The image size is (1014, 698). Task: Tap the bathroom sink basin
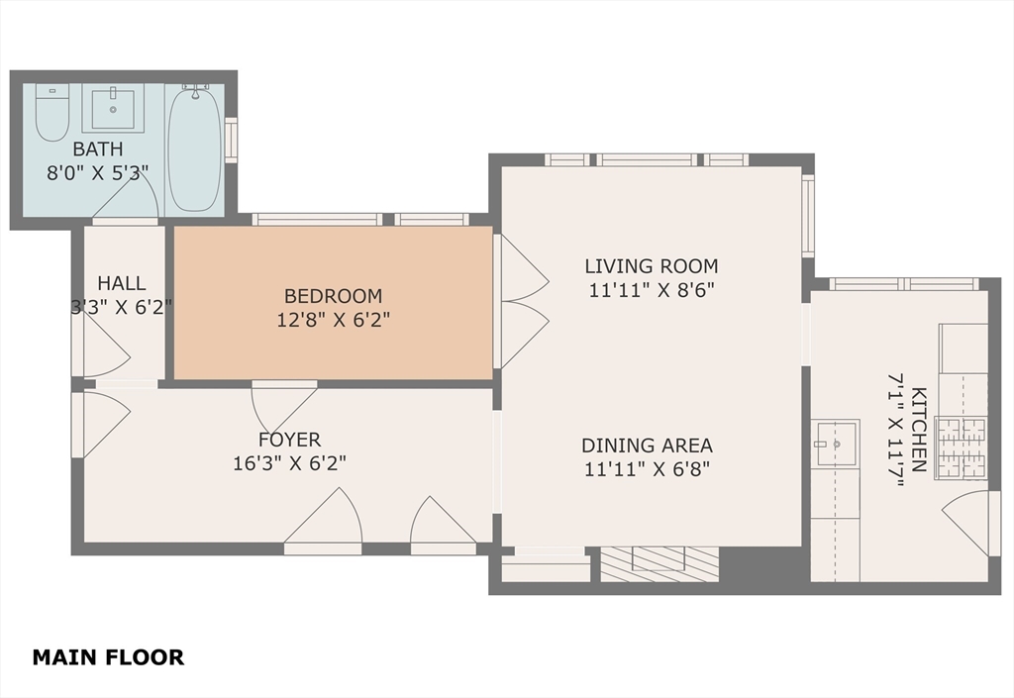[112, 108]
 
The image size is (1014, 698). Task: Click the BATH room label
[97, 150]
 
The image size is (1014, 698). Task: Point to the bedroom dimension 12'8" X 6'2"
[333, 320]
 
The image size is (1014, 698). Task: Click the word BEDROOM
[333, 295]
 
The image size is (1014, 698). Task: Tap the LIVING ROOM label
[651, 265]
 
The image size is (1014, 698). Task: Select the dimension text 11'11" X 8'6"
[651, 290]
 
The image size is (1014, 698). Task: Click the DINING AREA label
[647, 446]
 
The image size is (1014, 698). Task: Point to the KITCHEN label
[918, 429]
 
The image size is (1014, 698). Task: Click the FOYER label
[289, 440]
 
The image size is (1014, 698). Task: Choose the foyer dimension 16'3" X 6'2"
[289, 462]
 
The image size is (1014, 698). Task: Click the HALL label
[121, 283]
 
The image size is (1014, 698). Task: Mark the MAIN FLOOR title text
[108, 656]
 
